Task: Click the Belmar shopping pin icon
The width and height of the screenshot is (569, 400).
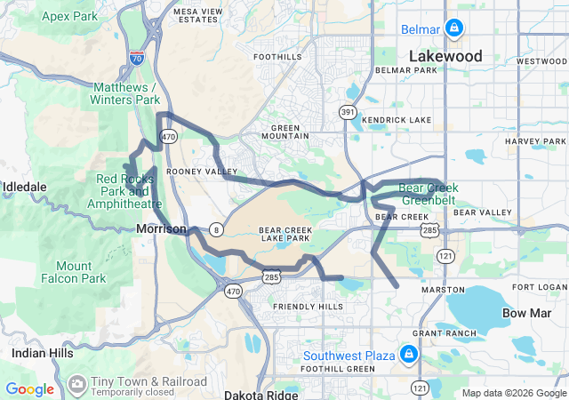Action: point(454,29)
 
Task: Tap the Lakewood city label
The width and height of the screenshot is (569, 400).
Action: point(445,56)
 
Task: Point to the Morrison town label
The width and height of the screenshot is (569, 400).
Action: point(162,229)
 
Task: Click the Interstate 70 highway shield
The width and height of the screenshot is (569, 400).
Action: point(136,59)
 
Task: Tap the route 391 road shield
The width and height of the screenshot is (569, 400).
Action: point(347,112)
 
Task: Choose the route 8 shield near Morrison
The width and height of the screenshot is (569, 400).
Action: point(215,229)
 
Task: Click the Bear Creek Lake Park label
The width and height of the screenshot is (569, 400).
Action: point(284,234)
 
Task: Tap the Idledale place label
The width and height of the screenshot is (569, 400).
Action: point(25,187)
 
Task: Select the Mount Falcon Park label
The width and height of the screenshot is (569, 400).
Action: point(73,272)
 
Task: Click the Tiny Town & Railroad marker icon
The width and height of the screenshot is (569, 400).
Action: point(77,382)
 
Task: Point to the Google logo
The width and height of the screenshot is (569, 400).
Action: point(29,389)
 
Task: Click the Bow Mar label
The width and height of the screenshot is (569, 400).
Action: point(527,313)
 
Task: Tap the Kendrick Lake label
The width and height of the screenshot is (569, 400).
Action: point(397,120)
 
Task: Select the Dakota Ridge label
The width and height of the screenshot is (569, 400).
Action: point(257,393)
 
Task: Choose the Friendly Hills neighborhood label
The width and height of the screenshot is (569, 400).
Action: point(308,307)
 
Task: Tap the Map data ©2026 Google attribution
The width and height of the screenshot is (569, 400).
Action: point(513,393)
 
